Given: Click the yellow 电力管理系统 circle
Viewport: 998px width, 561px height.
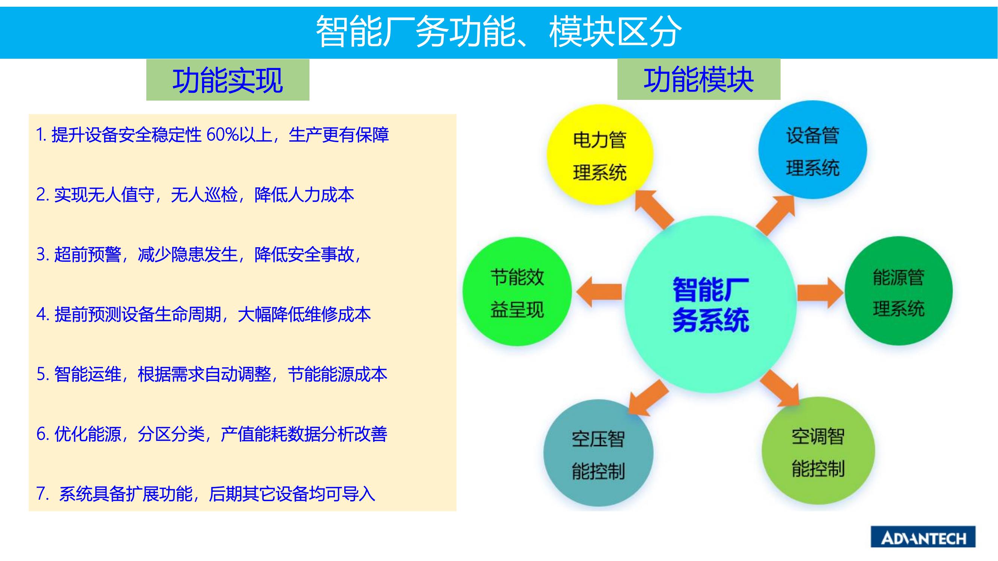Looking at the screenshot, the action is pyautogui.click(x=600, y=155).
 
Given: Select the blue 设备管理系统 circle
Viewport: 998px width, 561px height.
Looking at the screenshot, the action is pyautogui.click(x=812, y=150).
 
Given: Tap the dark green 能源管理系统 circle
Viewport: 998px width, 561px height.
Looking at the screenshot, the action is pyautogui.click(x=898, y=291).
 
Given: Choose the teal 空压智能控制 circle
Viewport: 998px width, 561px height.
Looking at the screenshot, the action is pyautogui.click(x=598, y=453).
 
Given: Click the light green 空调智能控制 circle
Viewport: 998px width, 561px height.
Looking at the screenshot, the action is pyautogui.click(x=818, y=451).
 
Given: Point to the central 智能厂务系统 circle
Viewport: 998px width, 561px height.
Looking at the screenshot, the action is pyautogui.click(x=711, y=304).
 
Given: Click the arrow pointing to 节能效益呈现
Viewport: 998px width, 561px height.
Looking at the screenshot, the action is pyautogui.click(x=599, y=292).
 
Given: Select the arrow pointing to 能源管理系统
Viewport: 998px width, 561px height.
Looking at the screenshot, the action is pyautogui.click(x=820, y=292).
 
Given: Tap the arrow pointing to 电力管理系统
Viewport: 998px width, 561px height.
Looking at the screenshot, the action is pyautogui.click(x=654, y=209).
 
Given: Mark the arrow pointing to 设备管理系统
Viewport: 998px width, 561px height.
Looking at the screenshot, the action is pyautogui.click(x=776, y=215).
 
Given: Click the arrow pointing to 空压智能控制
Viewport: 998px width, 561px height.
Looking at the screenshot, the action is pyautogui.click(x=648, y=398).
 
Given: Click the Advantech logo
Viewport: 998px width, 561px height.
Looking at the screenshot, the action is pyautogui.click(x=923, y=537).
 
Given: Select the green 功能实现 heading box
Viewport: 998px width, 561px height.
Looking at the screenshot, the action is pyautogui.click(x=228, y=80).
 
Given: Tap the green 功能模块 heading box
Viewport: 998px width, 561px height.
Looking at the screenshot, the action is pyautogui.click(x=699, y=79).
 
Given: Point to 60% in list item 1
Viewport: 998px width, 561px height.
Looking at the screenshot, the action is pyautogui.click(x=223, y=135).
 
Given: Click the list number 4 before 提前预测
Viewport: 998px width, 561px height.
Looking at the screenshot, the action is pyautogui.click(x=42, y=315).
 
